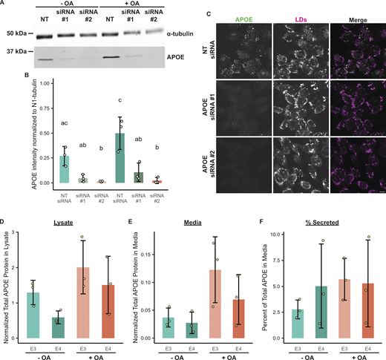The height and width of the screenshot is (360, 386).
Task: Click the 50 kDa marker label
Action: point(17,33)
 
